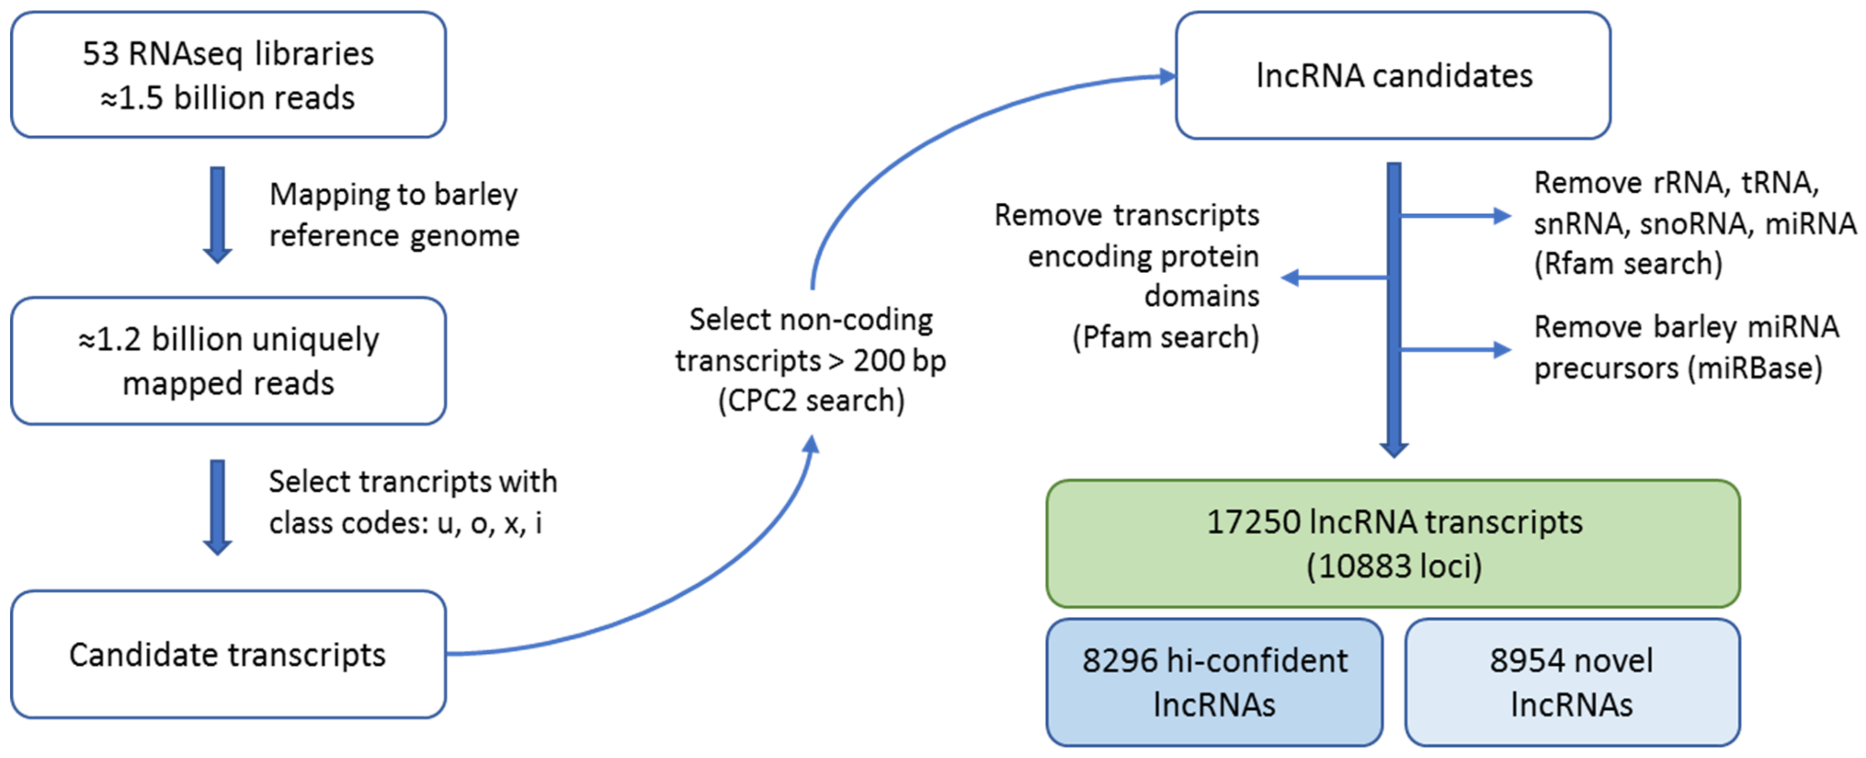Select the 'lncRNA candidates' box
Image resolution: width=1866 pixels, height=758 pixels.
1393,75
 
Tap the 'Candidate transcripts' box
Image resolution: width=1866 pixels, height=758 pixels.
228,655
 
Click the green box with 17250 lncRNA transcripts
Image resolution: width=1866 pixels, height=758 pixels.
1393,544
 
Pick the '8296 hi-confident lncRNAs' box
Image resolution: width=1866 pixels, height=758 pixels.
1214,682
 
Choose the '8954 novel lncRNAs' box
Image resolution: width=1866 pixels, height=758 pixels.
1572,682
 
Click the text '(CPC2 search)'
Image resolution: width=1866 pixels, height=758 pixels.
811,401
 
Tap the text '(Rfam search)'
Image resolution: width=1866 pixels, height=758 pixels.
1627,264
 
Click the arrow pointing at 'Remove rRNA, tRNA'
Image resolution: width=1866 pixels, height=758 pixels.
1456,215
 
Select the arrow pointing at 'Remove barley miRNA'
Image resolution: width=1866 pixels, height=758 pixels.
1456,350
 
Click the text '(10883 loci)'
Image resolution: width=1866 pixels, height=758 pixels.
1393,566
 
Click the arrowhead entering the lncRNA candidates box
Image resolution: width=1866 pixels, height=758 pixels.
1166,76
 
